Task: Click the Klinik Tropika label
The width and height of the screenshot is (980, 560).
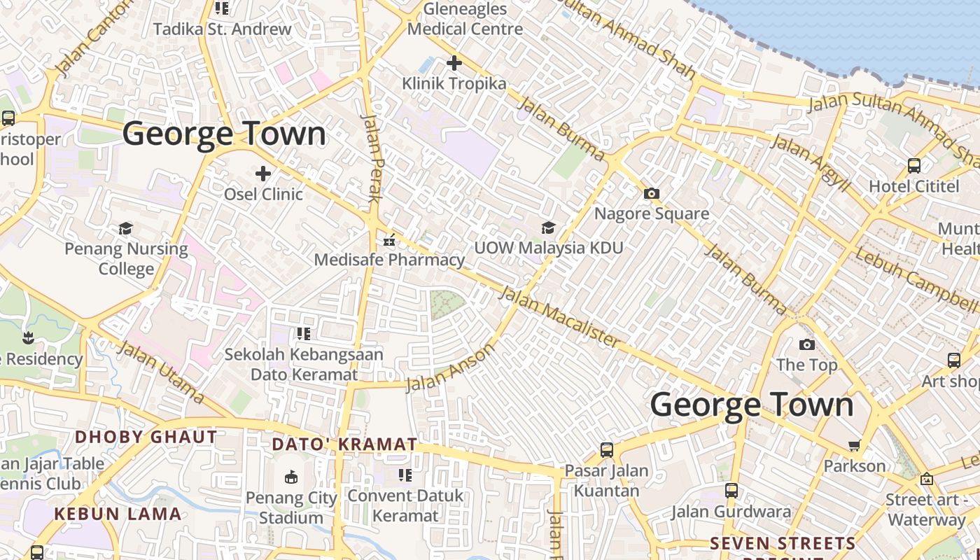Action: (454, 84)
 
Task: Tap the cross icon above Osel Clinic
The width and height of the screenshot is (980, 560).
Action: (263, 173)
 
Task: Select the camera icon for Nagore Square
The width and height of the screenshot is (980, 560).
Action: (652, 193)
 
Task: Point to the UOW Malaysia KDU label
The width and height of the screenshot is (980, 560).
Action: (548, 248)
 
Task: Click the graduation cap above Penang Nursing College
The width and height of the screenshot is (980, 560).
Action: (126, 228)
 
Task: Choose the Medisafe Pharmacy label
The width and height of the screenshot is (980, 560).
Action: (389, 260)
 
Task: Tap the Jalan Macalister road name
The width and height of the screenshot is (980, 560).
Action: (559, 316)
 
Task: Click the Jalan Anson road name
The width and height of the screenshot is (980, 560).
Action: (450, 367)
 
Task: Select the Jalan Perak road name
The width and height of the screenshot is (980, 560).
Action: (371, 158)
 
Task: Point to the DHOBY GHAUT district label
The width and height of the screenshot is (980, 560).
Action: (146, 437)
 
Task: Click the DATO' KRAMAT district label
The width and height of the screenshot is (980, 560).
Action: (344, 444)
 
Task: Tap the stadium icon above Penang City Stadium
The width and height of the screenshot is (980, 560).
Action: (291, 477)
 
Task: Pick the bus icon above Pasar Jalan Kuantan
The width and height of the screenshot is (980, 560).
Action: (607, 450)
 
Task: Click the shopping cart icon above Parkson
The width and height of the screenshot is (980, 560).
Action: (854, 446)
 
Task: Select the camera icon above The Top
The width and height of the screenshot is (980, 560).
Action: (806, 344)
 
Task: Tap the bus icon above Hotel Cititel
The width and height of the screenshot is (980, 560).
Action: (914, 166)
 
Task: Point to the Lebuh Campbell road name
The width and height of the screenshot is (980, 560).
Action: (916, 279)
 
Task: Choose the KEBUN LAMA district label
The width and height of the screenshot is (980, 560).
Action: (118, 514)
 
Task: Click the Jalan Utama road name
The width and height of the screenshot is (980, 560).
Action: (161, 372)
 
